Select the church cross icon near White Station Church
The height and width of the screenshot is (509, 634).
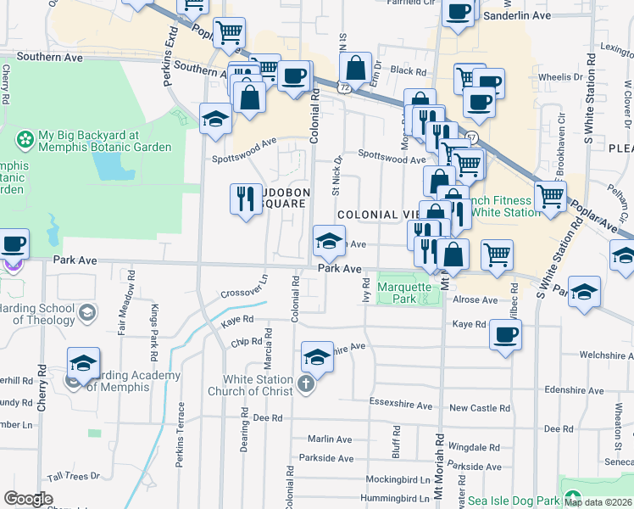(305, 386)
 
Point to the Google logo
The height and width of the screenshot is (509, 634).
(28, 498)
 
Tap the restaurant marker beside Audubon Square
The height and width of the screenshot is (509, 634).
(246, 199)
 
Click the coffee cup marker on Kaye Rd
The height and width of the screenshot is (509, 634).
(505, 334)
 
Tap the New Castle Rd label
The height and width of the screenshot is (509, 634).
(480, 408)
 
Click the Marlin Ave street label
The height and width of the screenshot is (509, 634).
(330, 439)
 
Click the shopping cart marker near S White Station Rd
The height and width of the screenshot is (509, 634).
(551, 197)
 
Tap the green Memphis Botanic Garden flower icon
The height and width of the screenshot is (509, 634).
(25, 137)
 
